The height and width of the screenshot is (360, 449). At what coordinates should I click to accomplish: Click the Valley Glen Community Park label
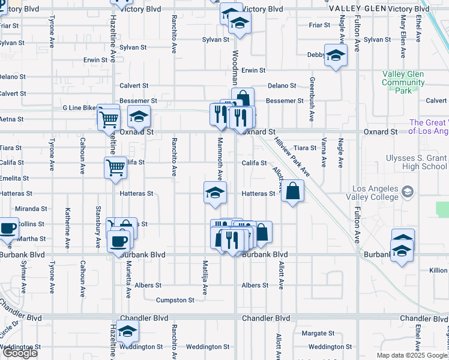tap(403, 82)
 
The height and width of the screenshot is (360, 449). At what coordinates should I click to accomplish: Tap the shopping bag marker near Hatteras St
tap(292, 191)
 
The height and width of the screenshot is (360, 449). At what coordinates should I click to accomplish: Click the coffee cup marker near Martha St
tap(8, 229)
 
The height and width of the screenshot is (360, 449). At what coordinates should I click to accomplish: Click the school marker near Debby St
tap(336, 56)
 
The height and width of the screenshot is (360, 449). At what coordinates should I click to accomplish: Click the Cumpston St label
tap(175, 300)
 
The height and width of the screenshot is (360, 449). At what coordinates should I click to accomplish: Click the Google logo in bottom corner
tap(20, 353)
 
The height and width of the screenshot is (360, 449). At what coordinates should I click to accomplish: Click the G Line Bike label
tap(79, 108)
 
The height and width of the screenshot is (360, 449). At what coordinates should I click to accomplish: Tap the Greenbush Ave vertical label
tap(312, 99)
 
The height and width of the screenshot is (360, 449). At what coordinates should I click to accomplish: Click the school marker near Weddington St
tap(127, 331)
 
